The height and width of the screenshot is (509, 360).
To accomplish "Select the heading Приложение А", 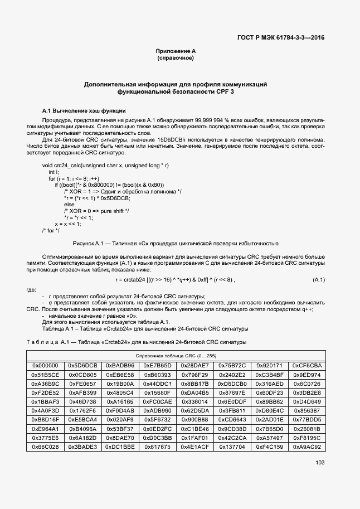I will tap(176, 51).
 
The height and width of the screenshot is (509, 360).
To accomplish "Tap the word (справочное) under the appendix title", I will tap(176, 58).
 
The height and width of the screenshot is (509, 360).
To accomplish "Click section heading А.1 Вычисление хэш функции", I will tap(84, 111).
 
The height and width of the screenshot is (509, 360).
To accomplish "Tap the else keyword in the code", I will tap(69, 205).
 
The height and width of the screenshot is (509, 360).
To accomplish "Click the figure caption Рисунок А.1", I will tap(176, 244).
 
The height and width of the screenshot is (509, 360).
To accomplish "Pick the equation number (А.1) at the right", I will tap(319, 279).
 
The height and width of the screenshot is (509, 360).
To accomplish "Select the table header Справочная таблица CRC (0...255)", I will tap(176, 355).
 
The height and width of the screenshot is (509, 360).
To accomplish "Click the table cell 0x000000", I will tap(45, 365).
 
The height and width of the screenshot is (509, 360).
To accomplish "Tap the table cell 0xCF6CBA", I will tap(307, 365).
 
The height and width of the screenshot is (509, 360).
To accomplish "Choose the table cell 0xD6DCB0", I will tap(232, 384).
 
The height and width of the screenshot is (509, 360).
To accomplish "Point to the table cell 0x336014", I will tap(194, 401).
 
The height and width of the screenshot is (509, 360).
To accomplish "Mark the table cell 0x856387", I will tap(307, 411).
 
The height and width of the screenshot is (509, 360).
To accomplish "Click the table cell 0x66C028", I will tap(45, 447).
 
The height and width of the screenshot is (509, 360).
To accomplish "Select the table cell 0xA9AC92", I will tap(307, 447).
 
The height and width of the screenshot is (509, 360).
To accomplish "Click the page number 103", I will tap(320, 462).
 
